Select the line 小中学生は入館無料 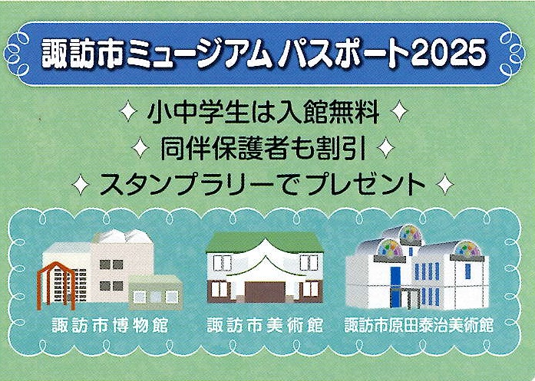coord(263,112)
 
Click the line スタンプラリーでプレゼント coord(263,184)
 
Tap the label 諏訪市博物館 coord(110,326)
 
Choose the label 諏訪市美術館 coord(265,326)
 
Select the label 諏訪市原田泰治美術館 coord(418,326)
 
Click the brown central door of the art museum coord(265,293)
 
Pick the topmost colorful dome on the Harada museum coord(410,234)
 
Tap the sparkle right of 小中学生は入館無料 coord(399,111)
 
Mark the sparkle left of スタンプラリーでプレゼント coord(81,184)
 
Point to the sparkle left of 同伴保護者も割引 coord(140,148)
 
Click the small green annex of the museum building coord(155,292)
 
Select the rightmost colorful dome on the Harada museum coord(467,249)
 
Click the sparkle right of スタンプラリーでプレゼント coord(445,184)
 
